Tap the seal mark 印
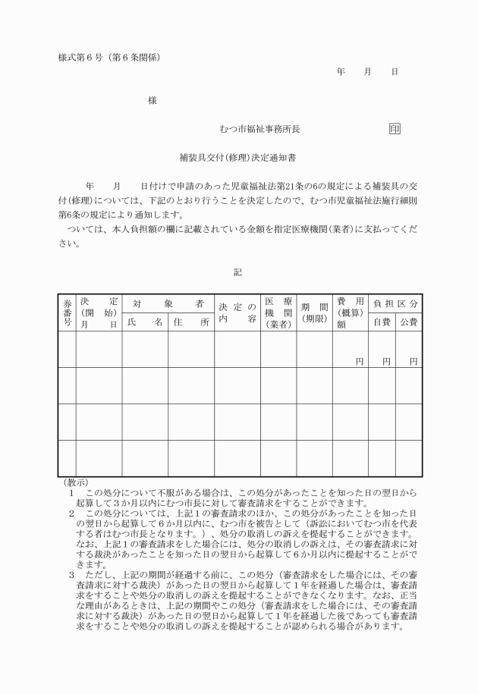tap(395, 129)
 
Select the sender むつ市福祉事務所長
tap(259, 129)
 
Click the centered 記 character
tap(238, 271)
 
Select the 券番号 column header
tap(67, 312)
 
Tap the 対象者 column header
tap(168, 303)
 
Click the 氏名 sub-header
tap(144, 322)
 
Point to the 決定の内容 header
tap(237, 312)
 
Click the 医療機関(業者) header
tap(278, 312)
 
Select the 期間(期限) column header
tap(314, 312)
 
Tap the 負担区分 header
tap(395, 303)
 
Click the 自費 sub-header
tap(382, 322)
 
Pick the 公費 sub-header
tap(409, 322)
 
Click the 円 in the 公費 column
tap(413, 361)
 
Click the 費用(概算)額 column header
tap(350, 312)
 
